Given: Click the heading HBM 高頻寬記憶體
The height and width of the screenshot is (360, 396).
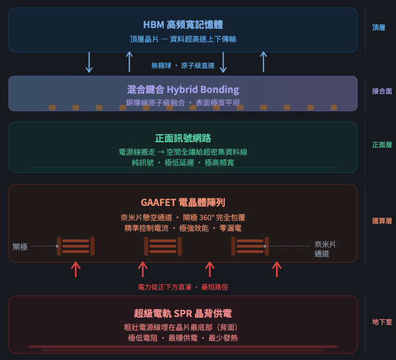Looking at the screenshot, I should pos(183,25).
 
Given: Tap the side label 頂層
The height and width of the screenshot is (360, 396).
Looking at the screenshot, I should pos(379,28).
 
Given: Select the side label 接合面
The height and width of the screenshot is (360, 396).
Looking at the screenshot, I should pos(382,91).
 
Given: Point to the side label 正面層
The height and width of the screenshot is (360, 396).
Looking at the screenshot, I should pos(382,145).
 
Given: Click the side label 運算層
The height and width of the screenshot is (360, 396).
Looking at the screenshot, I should pos(382,221).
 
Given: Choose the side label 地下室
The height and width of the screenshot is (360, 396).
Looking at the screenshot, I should pos(382,322).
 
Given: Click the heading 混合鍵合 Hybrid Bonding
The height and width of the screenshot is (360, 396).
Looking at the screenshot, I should pos(183,89).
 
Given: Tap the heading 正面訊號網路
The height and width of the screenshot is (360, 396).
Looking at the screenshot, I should pos(183,139).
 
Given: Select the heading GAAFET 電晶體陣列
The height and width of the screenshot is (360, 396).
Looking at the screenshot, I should pos(183,202).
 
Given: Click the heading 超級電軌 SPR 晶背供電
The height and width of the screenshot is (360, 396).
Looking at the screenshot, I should pos(183,313).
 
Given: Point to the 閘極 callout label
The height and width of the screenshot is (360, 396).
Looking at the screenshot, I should pos(21,246).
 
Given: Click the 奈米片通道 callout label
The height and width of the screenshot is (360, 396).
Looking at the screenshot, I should pos(325,249).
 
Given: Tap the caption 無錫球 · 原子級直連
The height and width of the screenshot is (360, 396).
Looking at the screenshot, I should pos(182,66).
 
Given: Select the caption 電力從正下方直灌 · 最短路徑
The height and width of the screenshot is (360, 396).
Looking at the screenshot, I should pos(182,287).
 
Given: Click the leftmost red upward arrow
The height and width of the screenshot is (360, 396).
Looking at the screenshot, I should pos(76,269).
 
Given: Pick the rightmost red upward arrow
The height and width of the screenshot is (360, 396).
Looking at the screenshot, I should pos(277,269).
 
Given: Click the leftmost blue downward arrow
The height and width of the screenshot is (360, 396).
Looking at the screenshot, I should pos(89,62).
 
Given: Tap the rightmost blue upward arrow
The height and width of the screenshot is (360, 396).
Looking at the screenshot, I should pos(264,62).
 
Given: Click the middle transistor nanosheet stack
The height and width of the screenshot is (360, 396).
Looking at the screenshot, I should pos(163,246).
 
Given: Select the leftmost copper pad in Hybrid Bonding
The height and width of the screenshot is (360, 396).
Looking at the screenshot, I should pos(52,107).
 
